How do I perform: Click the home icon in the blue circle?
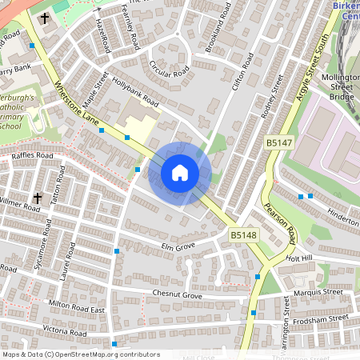180,172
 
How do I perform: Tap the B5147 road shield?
278,142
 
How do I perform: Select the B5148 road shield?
243,235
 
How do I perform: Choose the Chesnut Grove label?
178,295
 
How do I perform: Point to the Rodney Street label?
271,97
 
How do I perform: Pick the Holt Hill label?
302,258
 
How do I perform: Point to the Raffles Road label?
33,156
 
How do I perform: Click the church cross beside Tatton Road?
37,197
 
